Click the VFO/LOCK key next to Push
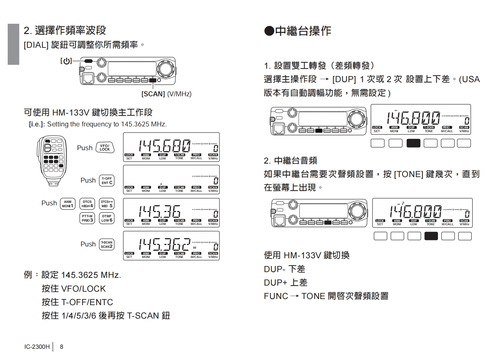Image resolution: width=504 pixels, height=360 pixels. click(105, 148)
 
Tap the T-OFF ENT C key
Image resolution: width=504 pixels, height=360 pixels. click(107, 180)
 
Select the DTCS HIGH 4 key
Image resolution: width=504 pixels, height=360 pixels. click(87, 204)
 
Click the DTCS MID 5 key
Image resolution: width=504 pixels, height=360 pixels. click(107, 204)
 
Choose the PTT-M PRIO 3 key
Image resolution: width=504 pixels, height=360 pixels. click(87, 218)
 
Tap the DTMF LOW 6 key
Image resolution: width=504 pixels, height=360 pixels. click(107, 218)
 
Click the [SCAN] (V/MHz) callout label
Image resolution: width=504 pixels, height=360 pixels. click(166, 94)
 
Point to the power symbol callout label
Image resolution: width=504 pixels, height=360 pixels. click(66, 61)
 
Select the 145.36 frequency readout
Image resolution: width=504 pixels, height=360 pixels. click(160, 211)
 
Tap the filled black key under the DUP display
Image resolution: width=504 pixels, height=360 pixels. click(413, 143)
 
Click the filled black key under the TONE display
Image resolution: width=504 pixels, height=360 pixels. click(431, 236)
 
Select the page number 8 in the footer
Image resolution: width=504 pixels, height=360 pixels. click(62, 347)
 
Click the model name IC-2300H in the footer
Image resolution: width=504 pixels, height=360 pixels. click(37, 347)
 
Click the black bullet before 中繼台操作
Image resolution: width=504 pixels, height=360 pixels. click(269, 31)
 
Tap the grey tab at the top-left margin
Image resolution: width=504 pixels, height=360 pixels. click(13, 44)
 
